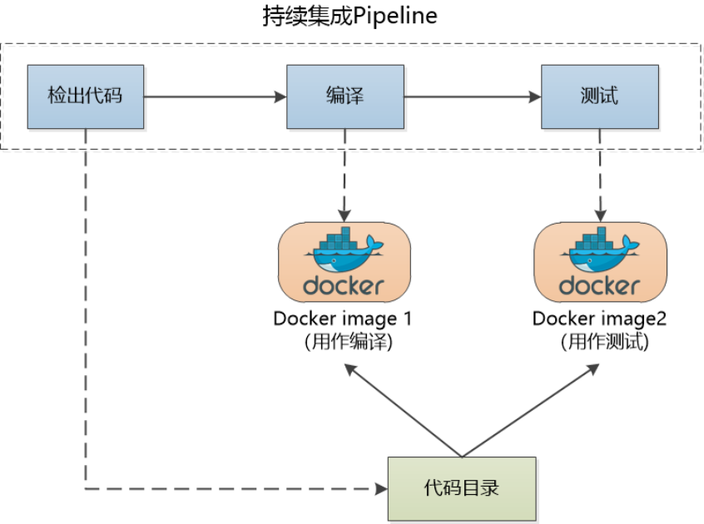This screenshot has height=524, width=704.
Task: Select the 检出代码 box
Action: click(85, 96)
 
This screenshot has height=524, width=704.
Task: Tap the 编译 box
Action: click(345, 96)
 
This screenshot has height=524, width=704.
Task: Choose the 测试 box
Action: click(599, 96)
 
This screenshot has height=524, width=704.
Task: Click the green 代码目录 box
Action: click(461, 487)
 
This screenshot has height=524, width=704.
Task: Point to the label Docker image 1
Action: click(343, 319)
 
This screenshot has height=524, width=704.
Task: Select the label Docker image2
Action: click(600, 319)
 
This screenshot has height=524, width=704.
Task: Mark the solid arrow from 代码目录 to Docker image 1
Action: click(403, 411)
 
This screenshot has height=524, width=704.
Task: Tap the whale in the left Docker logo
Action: click(343, 253)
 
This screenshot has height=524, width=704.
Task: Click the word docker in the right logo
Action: click(600, 286)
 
